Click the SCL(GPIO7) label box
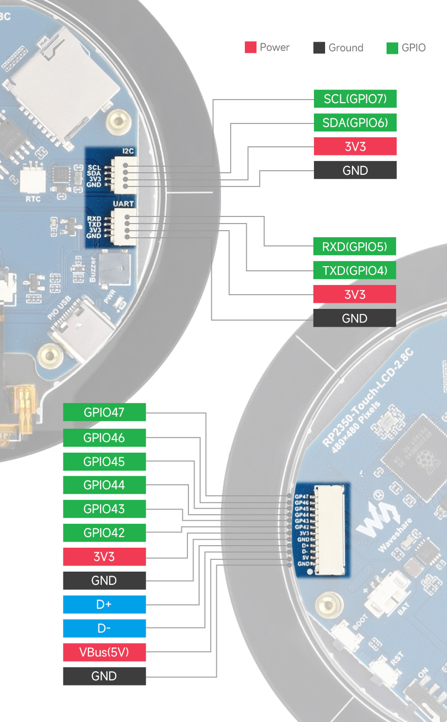(355, 99)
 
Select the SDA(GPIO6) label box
(355, 122)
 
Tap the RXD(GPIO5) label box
(355, 247)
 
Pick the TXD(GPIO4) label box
(355, 270)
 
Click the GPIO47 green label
(104, 412)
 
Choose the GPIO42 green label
(104, 532)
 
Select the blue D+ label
(104, 604)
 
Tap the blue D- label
(104, 628)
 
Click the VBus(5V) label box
(104, 652)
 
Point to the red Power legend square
(250, 47)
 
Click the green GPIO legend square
(392, 48)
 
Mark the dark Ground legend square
(319, 48)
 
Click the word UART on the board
(123, 204)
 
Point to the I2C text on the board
(128, 151)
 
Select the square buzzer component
(114, 267)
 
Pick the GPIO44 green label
(104, 485)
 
